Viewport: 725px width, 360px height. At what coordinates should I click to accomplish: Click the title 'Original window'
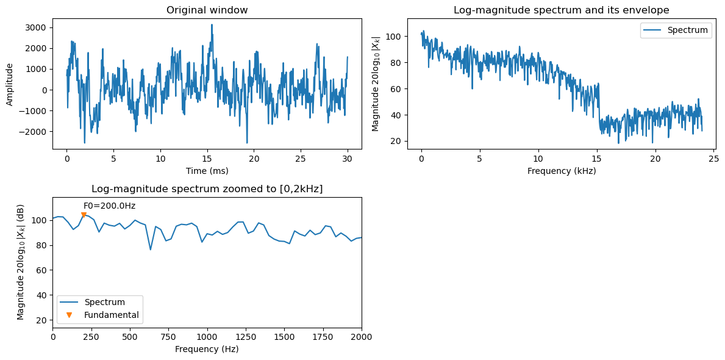(207, 10)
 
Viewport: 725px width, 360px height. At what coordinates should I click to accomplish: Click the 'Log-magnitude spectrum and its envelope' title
(561, 10)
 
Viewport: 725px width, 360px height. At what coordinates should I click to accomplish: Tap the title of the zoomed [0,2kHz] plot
(207, 189)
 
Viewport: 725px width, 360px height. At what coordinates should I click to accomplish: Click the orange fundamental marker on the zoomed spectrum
(84, 215)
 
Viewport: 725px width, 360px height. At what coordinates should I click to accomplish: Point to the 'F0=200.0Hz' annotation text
(109, 206)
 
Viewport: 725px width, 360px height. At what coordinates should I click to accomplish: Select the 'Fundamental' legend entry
(112, 315)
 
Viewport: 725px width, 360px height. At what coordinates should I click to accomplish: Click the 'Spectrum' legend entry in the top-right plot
(687, 30)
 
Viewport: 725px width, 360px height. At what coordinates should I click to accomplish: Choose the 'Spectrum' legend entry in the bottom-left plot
(105, 302)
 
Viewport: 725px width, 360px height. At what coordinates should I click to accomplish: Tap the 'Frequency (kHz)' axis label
(561, 171)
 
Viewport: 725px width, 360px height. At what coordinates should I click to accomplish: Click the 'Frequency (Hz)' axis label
(207, 349)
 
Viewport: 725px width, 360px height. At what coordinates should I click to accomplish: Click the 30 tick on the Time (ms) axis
(347, 158)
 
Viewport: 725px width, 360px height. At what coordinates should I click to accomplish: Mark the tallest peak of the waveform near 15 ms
(212, 25)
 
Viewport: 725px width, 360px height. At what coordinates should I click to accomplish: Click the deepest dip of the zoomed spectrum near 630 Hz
(151, 250)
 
